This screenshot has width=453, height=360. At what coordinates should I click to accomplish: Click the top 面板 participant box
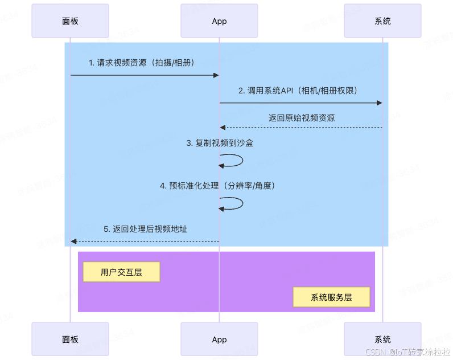point(70,21)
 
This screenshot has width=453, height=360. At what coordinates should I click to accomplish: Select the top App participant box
point(219,21)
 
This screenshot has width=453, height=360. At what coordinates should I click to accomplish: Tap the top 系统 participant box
point(382,21)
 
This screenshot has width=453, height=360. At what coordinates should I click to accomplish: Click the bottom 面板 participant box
point(70,339)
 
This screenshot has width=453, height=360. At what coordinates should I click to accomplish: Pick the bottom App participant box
point(219,339)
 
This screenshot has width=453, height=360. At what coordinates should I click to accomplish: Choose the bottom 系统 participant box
point(382,339)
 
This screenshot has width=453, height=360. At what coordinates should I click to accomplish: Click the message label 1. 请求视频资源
point(142,63)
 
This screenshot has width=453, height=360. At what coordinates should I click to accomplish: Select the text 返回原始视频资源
point(302,118)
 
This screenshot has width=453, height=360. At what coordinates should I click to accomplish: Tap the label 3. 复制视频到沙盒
point(220,143)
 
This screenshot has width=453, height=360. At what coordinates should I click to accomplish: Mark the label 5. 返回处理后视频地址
point(146,229)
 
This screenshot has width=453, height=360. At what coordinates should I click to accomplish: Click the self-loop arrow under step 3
point(232,161)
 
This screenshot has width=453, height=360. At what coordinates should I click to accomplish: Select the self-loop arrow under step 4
point(232,204)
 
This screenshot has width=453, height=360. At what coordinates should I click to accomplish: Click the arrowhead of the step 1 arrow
point(216,75)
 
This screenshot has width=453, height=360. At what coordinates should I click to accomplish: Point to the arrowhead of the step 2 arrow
point(379,103)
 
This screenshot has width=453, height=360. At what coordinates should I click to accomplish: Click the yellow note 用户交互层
point(121,272)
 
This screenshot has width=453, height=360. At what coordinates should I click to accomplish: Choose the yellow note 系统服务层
point(331,297)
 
